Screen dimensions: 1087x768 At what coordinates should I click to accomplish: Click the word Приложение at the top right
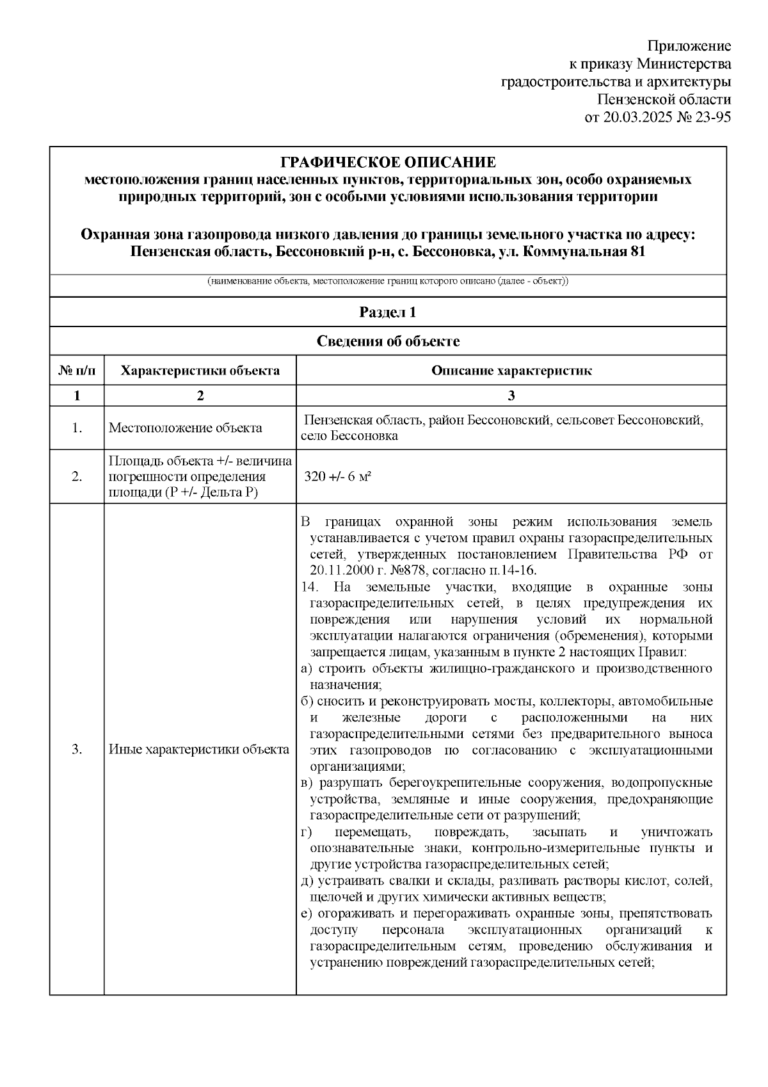click(x=689, y=46)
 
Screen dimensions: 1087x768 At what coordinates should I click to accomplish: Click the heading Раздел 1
click(x=388, y=312)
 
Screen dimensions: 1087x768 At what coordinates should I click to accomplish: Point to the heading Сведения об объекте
click(x=388, y=341)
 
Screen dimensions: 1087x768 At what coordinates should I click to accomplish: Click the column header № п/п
click(x=77, y=371)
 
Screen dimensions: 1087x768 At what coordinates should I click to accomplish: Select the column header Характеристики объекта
click(x=200, y=371)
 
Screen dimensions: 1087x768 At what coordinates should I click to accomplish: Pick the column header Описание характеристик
click(x=511, y=371)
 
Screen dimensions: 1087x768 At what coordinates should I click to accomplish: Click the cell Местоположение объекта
click(x=185, y=428)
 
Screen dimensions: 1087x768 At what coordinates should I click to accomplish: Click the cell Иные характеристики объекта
click(x=199, y=750)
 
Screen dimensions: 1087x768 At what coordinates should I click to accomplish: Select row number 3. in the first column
click(x=77, y=750)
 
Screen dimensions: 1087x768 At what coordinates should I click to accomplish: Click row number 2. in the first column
click(x=77, y=477)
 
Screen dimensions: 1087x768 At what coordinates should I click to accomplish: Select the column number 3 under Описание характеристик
click(x=511, y=396)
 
